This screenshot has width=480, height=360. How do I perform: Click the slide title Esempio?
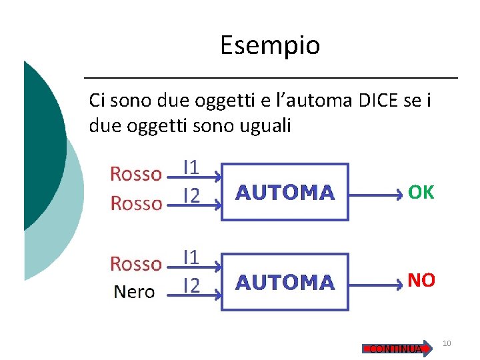pos(270,45)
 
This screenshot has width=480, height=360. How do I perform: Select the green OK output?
pos(421,193)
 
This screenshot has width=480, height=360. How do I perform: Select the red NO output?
pos(421,281)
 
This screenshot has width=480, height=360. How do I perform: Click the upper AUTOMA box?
pos(285,192)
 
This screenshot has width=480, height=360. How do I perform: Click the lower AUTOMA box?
pos(285,282)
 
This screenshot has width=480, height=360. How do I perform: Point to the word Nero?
pos(134,291)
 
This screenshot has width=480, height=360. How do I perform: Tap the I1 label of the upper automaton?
pos(191,167)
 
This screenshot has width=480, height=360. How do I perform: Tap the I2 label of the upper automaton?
pos(191,195)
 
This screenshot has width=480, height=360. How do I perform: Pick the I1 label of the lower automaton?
pos(191,256)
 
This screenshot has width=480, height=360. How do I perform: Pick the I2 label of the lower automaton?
pos(191,285)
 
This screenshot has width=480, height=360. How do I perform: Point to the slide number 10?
pos(447,343)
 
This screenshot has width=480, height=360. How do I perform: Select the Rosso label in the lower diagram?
pos(136,264)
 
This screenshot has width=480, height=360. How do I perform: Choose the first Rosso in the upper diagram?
pos(136,174)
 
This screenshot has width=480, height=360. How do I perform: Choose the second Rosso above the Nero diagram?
pos(136,203)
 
